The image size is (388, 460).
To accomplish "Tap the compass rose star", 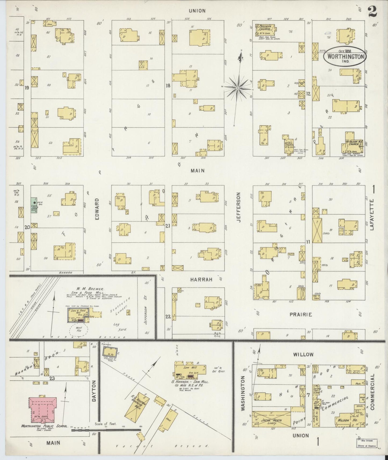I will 238,87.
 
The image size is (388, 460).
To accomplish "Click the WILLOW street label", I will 303,354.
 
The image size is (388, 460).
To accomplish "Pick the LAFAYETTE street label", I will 372,216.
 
